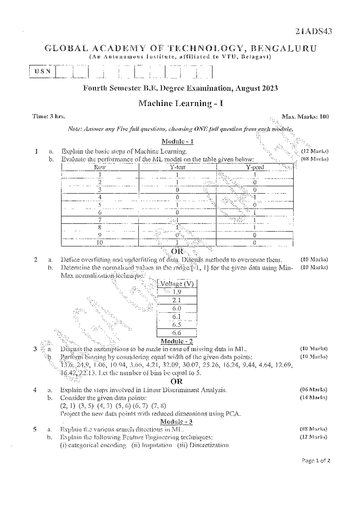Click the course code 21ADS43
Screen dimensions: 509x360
[313, 31]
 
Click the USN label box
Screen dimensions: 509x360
[42, 71]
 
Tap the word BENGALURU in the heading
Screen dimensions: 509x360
[283, 48]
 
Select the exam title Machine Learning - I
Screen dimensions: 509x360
[181, 103]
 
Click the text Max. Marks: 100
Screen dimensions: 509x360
[305, 117]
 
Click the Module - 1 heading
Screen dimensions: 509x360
[178, 141]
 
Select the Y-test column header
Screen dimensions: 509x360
[178, 167]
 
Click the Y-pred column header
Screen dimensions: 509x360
[255, 167]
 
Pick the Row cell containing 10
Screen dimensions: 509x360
[100, 243]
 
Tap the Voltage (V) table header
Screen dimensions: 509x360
[177, 284]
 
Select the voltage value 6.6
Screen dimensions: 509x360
[177, 333]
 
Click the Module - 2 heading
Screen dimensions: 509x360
[177, 341]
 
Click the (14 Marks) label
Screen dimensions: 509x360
[313, 398]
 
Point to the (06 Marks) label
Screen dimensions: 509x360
[313, 390]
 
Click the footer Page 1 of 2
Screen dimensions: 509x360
[316, 461]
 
